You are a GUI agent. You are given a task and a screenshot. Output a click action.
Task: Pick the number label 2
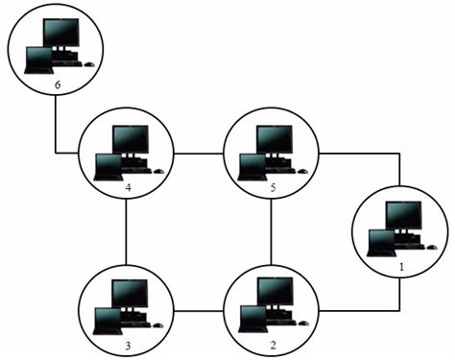(x=274, y=343)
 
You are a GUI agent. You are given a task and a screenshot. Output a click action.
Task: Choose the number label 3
(x=128, y=343)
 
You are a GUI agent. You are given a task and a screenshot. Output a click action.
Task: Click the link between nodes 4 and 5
(x=199, y=153)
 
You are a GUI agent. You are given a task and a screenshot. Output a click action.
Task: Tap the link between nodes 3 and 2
(x=199, y=310)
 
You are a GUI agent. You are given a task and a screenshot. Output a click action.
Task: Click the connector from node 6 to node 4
(x=56, y=134)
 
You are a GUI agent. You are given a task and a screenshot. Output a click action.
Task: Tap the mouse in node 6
(x=87, y=64)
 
